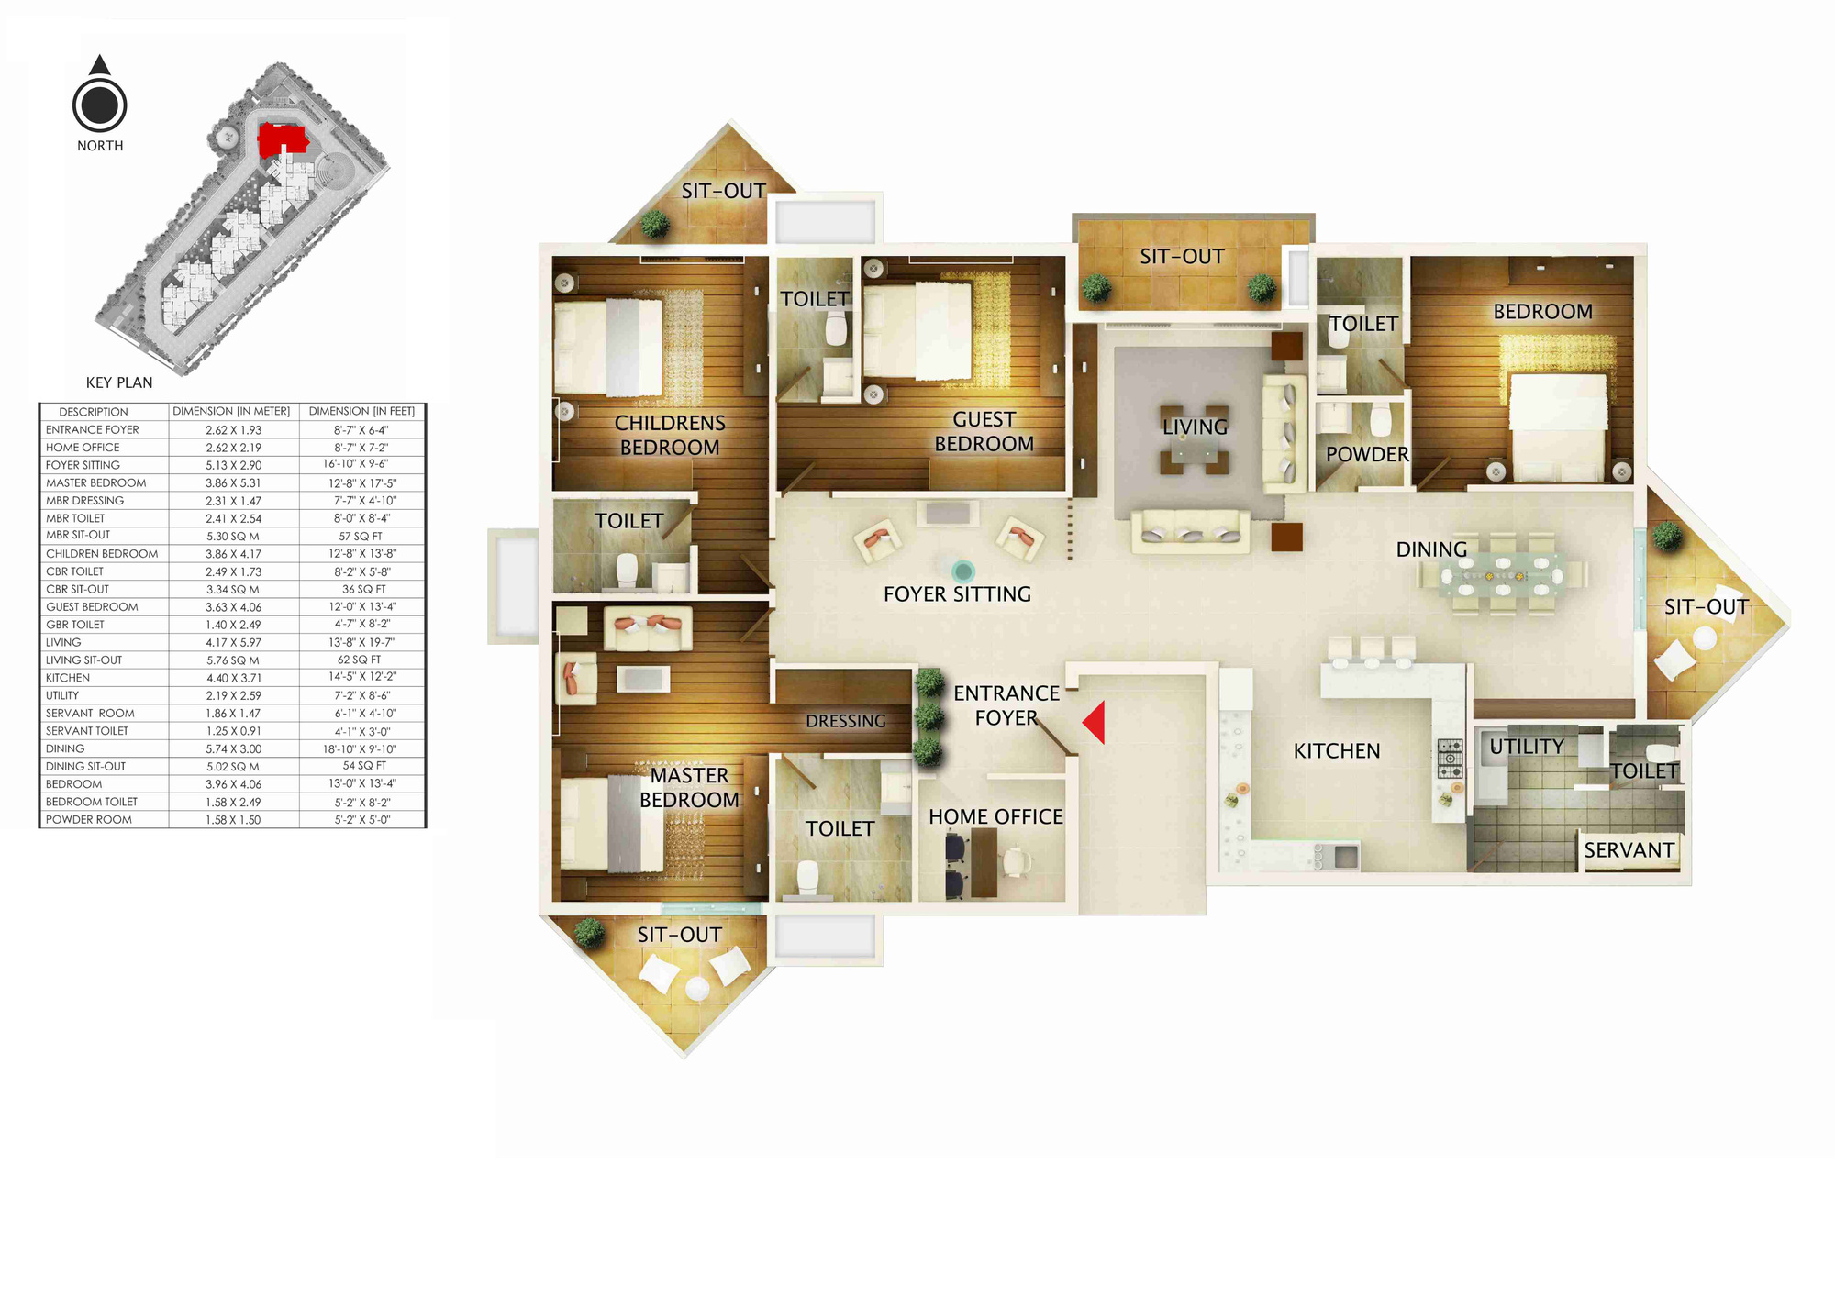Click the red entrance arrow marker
tap(1095, 723)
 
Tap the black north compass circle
tap(100, 105)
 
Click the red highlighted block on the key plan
tap(281, 140)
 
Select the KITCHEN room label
tap(1337, 751)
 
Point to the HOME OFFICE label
tap(995, 816)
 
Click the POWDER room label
tap(1367, 454)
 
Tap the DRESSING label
tap(846, 722)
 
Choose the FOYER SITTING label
tap(957, 594)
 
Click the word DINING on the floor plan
tap(1431, 549)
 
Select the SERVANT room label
tap(1629, 850)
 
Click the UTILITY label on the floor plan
tap(1527, 747)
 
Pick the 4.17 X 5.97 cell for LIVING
tap(233, 642)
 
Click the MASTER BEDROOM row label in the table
tap(96, 482)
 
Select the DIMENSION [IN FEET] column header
tap(361, 411)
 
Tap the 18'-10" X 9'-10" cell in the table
tap(361, 748)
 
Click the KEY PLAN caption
tap(119, 382)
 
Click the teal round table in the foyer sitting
tap(962, 572)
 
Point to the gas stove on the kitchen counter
tap(1450, 759)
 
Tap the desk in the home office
tap(984, 862)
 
